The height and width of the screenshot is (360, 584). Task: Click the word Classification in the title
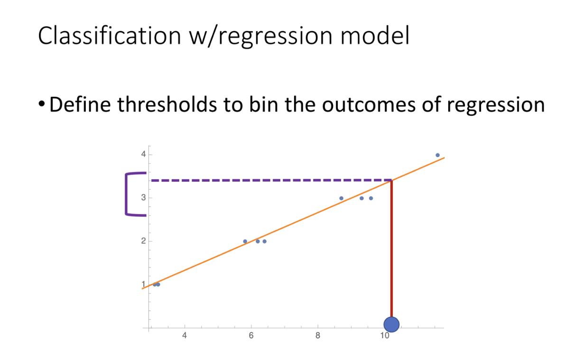point(110,36)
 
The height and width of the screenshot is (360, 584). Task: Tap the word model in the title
point(375,36)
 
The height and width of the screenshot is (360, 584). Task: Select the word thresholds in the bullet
point(167,104)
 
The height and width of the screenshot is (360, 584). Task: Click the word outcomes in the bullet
point(369,105)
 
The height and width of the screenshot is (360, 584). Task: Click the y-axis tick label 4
point(143,154)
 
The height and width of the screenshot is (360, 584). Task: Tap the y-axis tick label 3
point(143,197)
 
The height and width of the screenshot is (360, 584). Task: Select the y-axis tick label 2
point(143,240)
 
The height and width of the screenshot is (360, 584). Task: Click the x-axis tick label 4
point(185,335)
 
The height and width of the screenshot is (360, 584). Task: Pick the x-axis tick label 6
point(251,335)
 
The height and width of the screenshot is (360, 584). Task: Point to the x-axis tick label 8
point(317,335)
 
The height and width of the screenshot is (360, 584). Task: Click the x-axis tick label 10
point(385,335)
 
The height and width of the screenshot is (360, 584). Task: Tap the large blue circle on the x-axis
point(391,324)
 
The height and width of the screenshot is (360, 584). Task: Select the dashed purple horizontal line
point(271,180)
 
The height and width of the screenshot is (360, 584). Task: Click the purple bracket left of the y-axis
point(127,194)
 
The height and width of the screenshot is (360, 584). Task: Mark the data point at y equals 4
point(437,155)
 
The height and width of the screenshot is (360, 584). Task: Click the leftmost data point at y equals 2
point(245,241)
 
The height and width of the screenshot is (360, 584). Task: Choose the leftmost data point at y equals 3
point(341,198)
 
